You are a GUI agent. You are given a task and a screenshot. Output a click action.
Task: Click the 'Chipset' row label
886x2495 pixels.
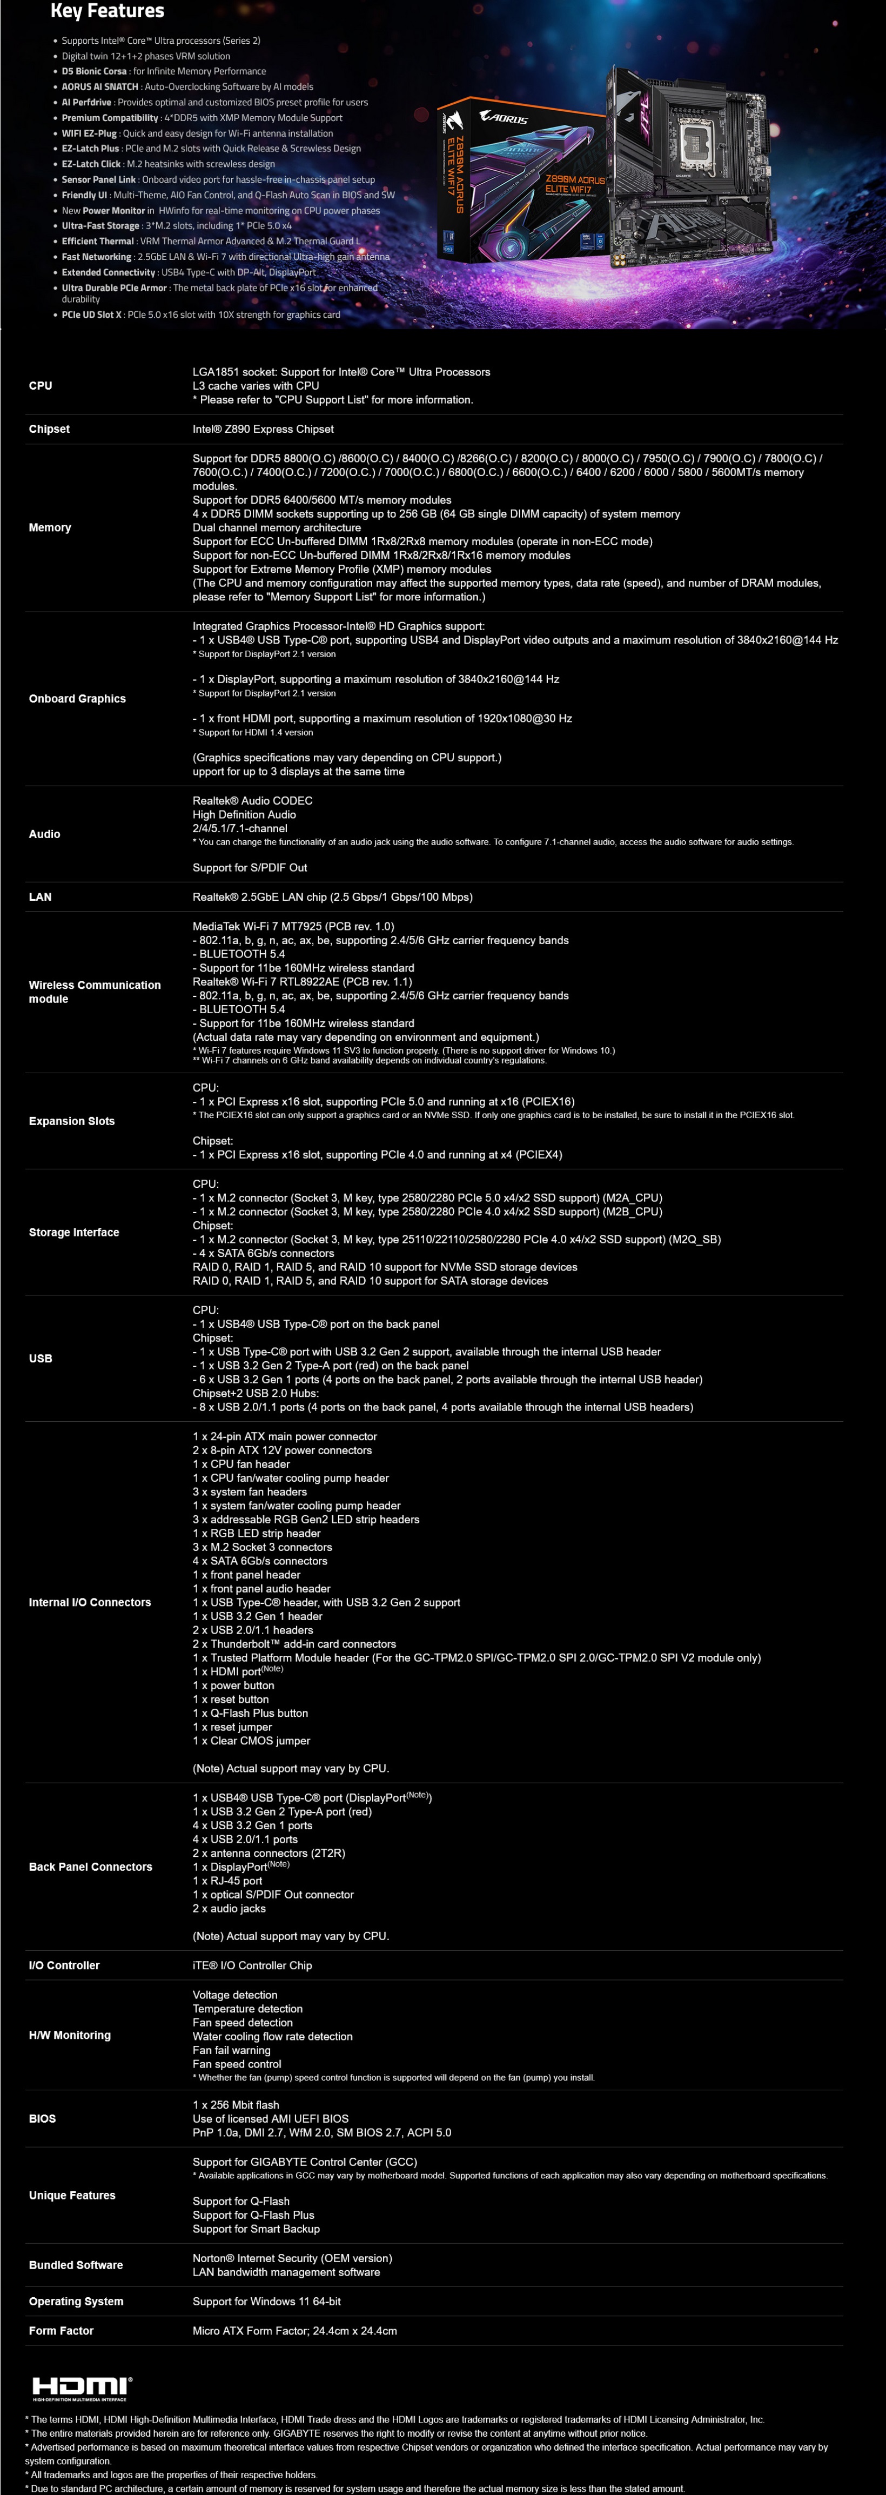(49, 429)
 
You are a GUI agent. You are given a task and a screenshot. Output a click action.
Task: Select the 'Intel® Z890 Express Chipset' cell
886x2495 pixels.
(263, 429)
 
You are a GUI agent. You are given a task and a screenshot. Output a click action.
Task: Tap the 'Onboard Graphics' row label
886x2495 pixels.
(77, 698)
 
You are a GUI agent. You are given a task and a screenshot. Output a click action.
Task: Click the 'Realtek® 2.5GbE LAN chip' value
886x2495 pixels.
(332, 897)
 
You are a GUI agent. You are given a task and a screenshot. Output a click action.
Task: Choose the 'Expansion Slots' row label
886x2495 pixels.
(72, 1121)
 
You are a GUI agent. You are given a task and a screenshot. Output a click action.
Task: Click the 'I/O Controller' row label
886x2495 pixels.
(64, 1965)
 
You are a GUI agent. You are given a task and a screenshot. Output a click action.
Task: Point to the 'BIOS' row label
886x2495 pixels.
(43, 2118)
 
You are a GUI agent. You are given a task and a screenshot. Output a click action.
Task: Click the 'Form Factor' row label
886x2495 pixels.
(61, 2330)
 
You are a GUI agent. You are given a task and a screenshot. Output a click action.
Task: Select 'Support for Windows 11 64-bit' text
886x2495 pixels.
(266, 2302)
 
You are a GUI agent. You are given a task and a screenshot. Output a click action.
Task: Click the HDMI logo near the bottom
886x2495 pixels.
(82, 2386)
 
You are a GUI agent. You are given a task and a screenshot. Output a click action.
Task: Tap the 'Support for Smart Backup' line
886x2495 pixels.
(256, 2229)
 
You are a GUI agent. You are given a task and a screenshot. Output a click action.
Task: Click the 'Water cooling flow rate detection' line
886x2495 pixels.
(272, 2036)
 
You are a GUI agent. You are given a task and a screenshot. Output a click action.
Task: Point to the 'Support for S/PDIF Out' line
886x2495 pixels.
(250, 868)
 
